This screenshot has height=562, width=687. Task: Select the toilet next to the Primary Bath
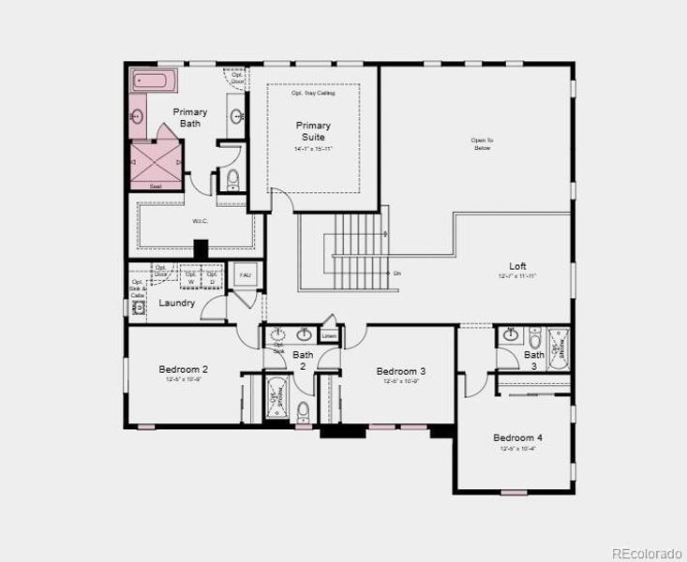pyautogui.click(x=232, y=180)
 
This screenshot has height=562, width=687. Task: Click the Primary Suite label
pyautogui.click(x=313, y=131)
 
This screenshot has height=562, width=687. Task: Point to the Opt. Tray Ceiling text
pyautogui.click(x=313, y=92)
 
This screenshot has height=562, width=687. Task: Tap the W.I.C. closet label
pyautogui.click(x=200, y=222)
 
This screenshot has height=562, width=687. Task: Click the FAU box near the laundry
pyautogui.click(x=246, y=275)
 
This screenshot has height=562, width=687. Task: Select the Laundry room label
pyautogui.click(x=176, y=303)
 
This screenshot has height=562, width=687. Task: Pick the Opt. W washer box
pyautogui.click(x=191, y=278)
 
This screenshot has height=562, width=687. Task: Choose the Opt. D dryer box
pyautogui.click(x=213, y=278)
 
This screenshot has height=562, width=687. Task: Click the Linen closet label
pyautogui.click(x=329, y=334)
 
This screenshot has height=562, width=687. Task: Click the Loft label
pyautogui.click(x=517, y=266)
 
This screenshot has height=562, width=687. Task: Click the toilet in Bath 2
pyautogui.click(x=303, y=411)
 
